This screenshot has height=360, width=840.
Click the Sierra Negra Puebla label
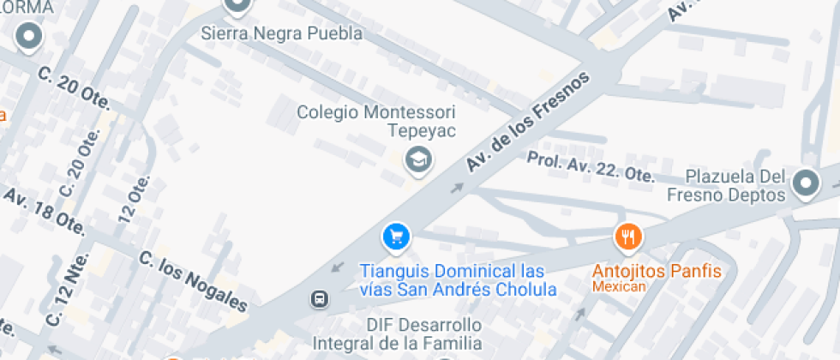[281, 34]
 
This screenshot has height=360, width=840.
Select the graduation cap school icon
[418, 159]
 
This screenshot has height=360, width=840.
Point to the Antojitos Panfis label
[657, 271]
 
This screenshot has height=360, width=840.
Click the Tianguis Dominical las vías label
[458, 279]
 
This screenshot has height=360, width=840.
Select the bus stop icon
[319, 299]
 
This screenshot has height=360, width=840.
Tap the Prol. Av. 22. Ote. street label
[591, 166]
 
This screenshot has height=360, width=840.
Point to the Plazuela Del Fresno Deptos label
[736, 185]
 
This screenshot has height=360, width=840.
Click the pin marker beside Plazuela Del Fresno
[806, 182]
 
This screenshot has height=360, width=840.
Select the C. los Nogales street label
[193, 281]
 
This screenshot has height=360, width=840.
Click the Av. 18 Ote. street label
[45, 212]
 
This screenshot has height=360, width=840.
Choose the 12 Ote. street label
[135, 199]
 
